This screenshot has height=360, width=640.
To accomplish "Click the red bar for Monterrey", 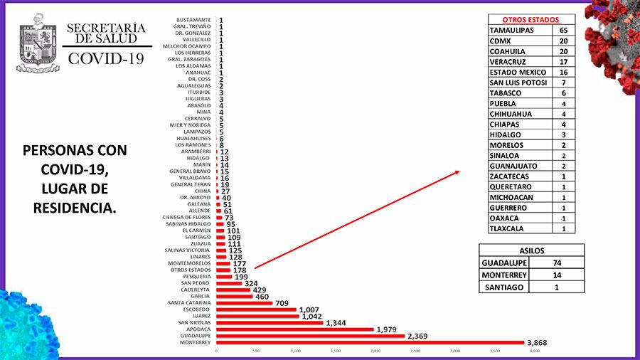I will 369,343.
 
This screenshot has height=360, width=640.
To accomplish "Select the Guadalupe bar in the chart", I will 310,336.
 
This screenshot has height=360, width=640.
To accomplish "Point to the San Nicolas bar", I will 270,323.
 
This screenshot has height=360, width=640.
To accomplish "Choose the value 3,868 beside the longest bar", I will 541,344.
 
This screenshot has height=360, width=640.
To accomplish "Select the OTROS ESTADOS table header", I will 531,19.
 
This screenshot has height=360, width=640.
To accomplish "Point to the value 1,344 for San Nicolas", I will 341,322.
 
